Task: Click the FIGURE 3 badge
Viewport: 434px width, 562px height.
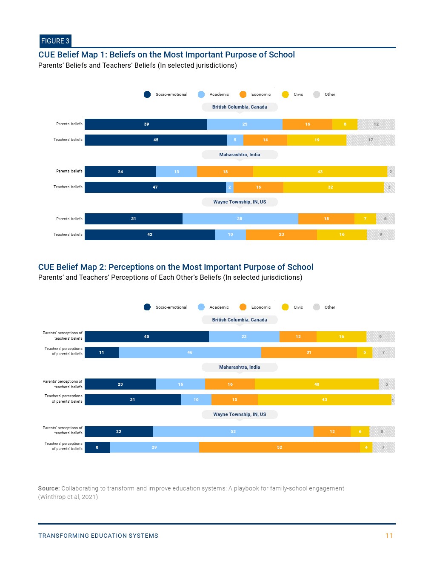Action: point(55,41)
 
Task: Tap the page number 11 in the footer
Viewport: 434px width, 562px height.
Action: point(389,536)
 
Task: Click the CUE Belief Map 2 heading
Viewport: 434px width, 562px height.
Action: point(175,267)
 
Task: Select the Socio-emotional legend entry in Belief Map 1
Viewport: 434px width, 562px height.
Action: point(166,95)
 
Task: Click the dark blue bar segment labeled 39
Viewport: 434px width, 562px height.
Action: point(146,124)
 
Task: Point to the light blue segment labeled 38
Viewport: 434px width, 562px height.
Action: point(240,219)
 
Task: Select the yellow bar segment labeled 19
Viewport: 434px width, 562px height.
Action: point(317,140)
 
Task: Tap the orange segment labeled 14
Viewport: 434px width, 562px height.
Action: point(265,140)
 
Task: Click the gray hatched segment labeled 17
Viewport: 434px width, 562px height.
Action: point(371,140)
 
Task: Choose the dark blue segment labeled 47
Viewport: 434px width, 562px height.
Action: point(155,187)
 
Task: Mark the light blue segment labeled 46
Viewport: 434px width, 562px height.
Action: point(190,353)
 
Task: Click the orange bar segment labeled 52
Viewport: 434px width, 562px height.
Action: point(280,447)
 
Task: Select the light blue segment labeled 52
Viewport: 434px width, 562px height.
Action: point(233,432)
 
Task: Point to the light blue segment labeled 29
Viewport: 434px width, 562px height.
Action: point(154,447)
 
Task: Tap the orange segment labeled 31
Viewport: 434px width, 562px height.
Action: point(309,353)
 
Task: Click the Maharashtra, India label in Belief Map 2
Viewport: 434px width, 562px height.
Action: point(240,367)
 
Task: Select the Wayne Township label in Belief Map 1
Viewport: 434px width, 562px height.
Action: point(240,202)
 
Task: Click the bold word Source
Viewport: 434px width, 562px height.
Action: point(49,488)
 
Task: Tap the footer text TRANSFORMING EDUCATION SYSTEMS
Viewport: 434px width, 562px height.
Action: point(98,536)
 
